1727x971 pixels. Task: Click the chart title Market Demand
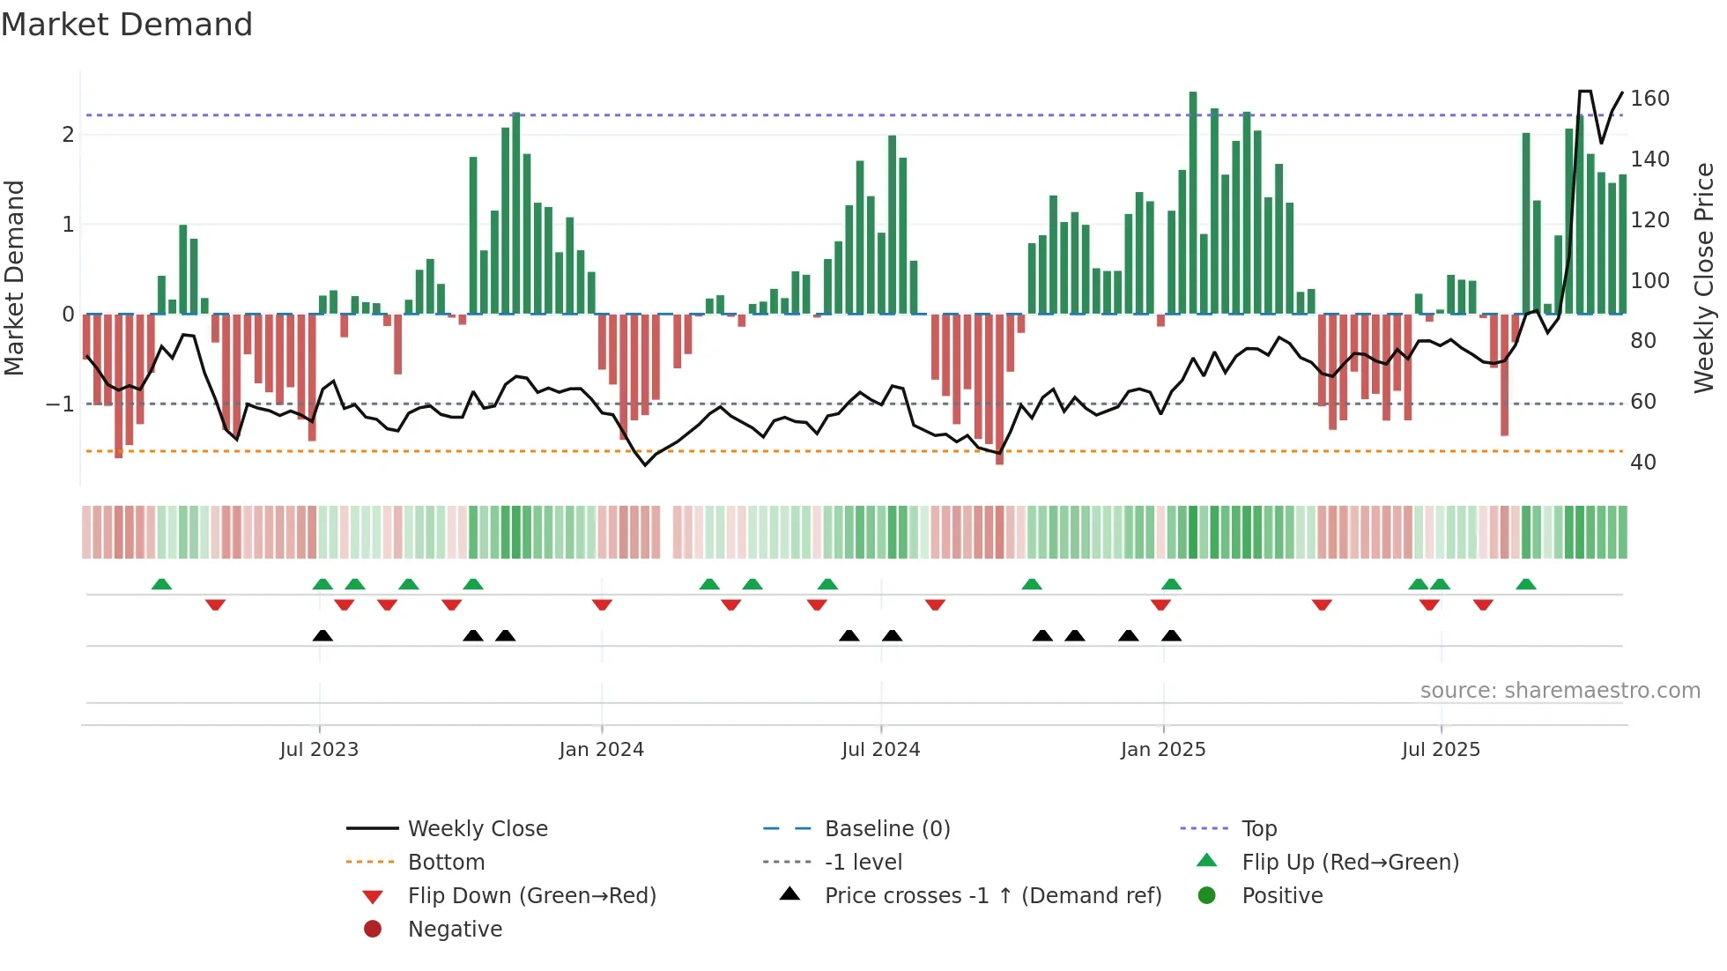(127, 25)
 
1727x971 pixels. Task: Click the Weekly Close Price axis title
(1704, 278)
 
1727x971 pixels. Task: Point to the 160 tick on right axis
(1649, 99)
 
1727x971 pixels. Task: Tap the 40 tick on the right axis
(1642, 463)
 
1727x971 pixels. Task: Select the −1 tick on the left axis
(60, 404)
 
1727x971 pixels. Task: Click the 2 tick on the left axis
(68, 135)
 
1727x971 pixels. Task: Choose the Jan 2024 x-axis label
(601, 750)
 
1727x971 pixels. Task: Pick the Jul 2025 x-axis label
(1441, 750)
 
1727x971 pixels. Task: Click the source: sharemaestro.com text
(1560, 691)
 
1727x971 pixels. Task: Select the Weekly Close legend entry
(477, 829)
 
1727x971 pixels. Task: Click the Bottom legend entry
(446, 863)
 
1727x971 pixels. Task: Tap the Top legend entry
(1259, 829)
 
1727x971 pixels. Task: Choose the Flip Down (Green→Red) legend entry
(531, 896)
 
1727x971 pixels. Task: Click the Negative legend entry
(455, 930)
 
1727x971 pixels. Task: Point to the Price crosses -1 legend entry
(992, 896)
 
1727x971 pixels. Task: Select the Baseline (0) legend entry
(886, 829)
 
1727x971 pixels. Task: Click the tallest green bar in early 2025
(1193, 203)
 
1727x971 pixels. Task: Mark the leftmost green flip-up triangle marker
(161, 584)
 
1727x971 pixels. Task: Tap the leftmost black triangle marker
(322, 636)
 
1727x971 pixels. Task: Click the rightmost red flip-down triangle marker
(1483, 604)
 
